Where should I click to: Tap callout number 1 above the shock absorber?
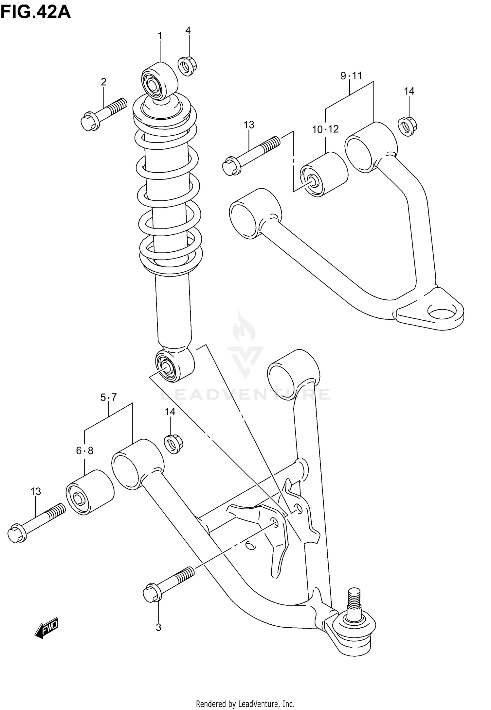pos(160,36)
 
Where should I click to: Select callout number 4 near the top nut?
pos(188,30)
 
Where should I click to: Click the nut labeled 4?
pos(187,66)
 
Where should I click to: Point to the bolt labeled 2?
pos(103,114)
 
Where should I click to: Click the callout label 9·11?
pos(351,76)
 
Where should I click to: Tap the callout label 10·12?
pos(325,129)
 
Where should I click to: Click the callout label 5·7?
pos(108,397)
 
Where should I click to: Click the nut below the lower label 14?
pos(173,444)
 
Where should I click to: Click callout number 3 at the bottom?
pos(158,627)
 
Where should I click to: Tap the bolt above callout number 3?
pos(168,584)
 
